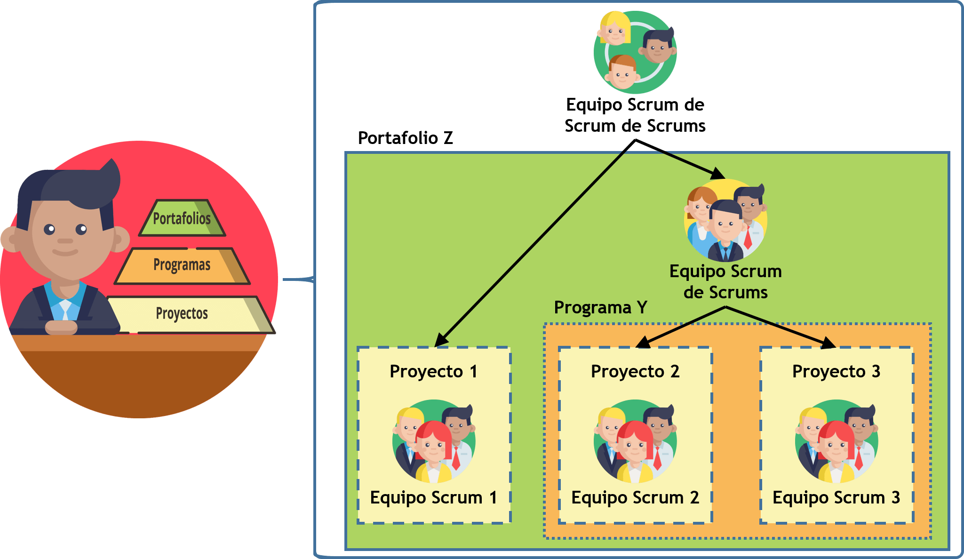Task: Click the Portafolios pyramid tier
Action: click(x=182, y=218)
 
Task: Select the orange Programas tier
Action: click(x=182, y=265)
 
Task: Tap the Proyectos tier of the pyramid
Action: click(x=182, y=313)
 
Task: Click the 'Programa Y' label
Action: click(x=600, y=308)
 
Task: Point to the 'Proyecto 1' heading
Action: click(x=433, y=372)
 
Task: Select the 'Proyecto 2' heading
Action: click(x=635, y=372)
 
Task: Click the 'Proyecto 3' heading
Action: click(x=836, y=372)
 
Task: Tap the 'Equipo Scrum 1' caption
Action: click(x=433, y=498)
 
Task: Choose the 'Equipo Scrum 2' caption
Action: click(x=635, y=498)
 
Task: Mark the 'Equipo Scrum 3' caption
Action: click(x=836, y=498)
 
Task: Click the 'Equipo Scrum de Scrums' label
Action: click(x=725, y=282)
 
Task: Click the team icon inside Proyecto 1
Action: click(x=434, y=441)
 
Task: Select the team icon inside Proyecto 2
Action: click(x=635, y=441)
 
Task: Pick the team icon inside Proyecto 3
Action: click(x=837, y=441)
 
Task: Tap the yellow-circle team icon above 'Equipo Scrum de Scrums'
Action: click(x=725, y=220)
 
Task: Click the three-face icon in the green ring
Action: click(x=635, y=52)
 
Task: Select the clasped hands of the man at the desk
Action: click(x=61, y=327)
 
